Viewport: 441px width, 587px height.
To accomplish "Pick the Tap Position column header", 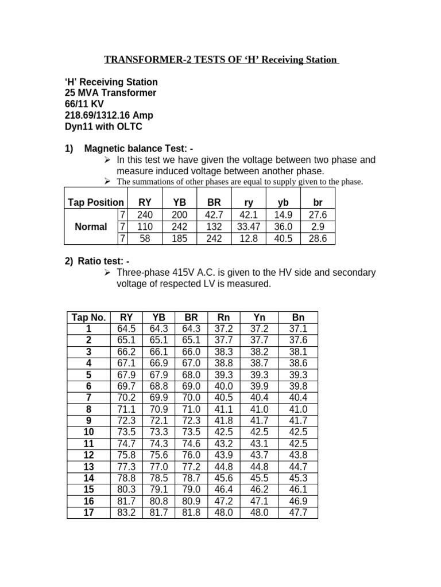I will click(x=95, y=202).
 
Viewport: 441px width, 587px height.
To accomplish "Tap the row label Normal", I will click(x=91, y=226).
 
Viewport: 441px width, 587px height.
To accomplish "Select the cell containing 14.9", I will click(x=283, y=214).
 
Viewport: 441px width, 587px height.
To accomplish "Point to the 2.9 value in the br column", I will click(x=317, y=226).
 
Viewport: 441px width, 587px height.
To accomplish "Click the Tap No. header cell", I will click(x=88, y=318).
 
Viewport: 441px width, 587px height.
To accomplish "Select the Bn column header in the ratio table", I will click(x=298, y=318).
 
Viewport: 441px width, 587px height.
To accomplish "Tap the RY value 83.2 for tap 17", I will click(x=126, y=512).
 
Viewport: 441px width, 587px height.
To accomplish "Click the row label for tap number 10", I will click(x=88, y=432).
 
